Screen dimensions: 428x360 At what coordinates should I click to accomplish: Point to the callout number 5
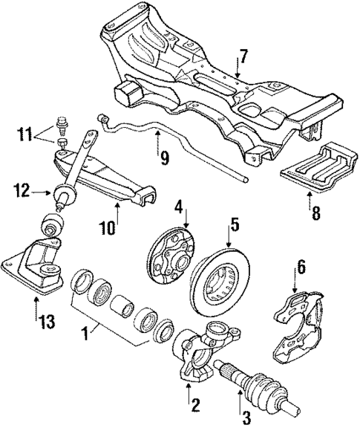tap(234, 223)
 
